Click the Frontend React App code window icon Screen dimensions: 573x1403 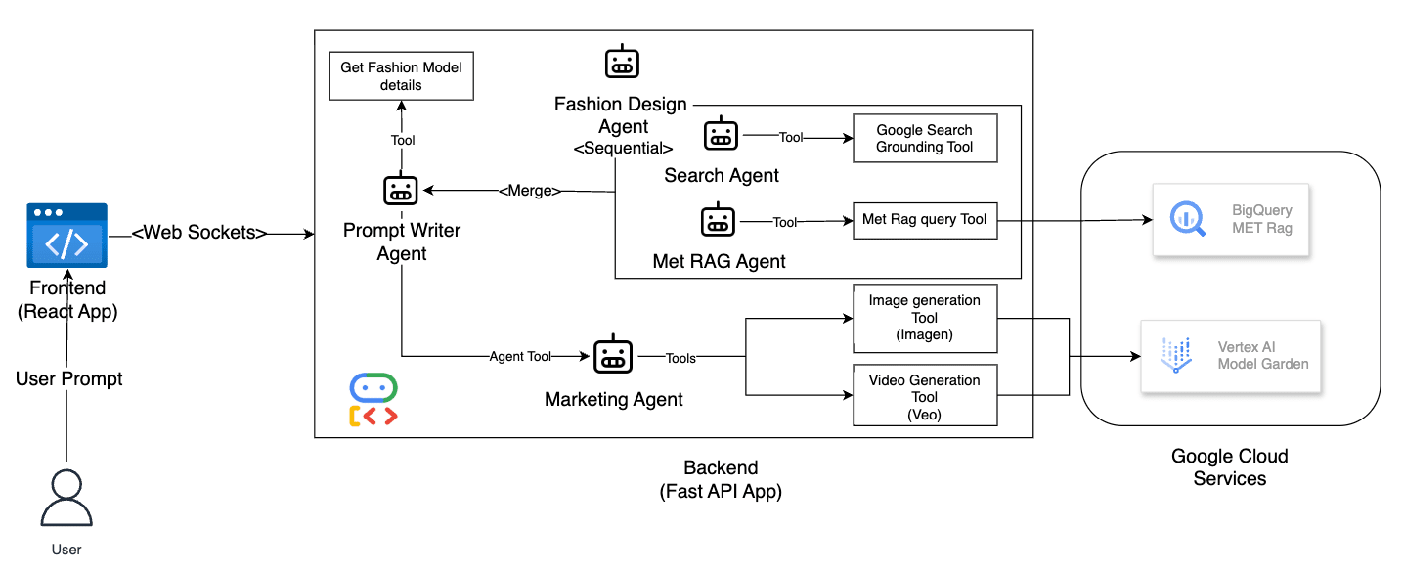[x=66, y=236]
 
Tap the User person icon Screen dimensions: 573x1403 [x=66, y=499]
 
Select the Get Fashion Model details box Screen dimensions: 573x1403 [x=401, y=76]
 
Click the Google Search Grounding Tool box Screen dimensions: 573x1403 [x=924, y=139]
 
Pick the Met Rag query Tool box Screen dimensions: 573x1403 [x=924, y=220]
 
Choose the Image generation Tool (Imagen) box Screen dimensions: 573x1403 [x=924, y=318]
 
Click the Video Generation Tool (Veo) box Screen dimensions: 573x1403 [x=924, y=397]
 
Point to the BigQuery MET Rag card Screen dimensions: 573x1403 [x=1230, y=220]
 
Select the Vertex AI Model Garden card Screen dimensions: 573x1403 [x=1230, y=356]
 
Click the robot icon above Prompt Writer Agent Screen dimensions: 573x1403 [x=400, y=191]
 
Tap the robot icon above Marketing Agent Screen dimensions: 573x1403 [x=613, y=356]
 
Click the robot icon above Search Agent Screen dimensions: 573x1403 [x=722, y=135]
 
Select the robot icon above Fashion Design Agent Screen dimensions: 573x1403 [x=622, y=64]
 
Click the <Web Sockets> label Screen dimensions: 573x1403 [x=199, y=232]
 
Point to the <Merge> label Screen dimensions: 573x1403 [x=530, y=191]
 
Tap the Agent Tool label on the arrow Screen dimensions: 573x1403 [x=520, y=357]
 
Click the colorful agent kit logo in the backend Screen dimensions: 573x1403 [x=373, y=400]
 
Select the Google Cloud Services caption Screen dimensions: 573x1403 [x=1229, y=467]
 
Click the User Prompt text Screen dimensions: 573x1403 [x=69, y=378]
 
